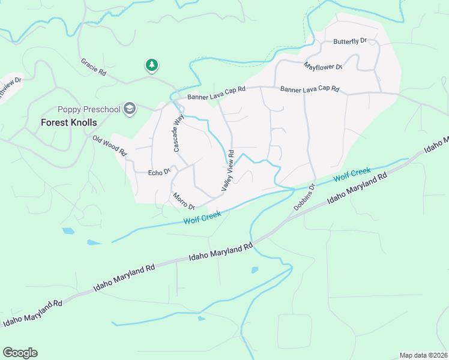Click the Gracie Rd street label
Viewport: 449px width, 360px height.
pyautogui.click(x=94, y=67)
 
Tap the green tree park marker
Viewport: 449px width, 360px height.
pyautogui.click(x=152, y=64)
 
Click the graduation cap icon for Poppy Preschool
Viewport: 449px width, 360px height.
pyautogui.click(x=129, y=109)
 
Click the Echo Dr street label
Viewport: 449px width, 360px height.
pyautogui.click(x=160, y=172)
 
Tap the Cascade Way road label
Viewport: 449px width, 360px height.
pyautogui.click(x=178, y=133)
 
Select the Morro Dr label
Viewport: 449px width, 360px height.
pyautogui.click(x=184, y=201)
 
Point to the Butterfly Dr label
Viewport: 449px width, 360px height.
pyautogui.click(x=350, y=42)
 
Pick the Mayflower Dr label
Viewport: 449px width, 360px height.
pyautogui.click(x=323, y=66)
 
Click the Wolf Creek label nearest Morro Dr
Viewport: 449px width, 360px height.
pyautogui.click(x=203, y=217)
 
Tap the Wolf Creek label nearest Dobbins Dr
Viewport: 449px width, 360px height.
pyautogui.click(x=352, y=175)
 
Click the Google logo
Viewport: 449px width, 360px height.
pyautogui.click(x=20, y=353)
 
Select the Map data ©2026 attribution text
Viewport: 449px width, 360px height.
pyautogui.click(x=423, y=355)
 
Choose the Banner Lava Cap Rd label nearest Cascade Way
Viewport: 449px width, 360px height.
pyautogui.click(x=217, y=92)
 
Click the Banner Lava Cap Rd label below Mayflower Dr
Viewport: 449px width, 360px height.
pyautogui.click(x=310, y=89)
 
